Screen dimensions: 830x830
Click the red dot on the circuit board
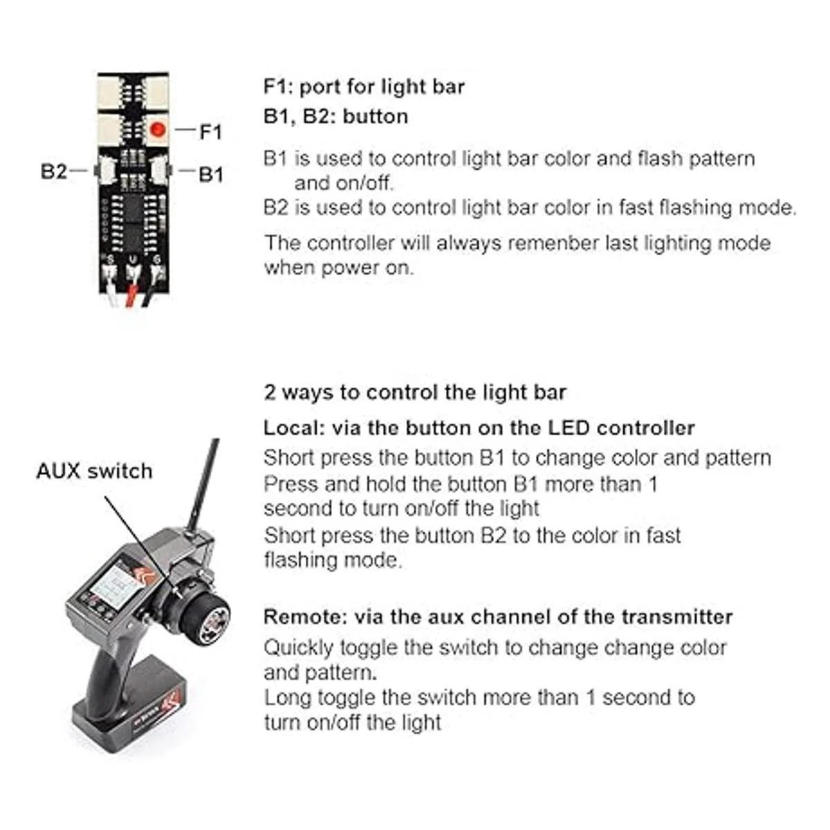pyautogui.click(x=159, y=129)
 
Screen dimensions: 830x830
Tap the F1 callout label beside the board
pyautogui.click(x=210, y=131)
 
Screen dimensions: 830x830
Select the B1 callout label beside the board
pyautogui.click(x=211, y=174)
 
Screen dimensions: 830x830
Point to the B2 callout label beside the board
pyautogui.click(x=54, y=171)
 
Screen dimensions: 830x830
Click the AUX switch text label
pyautogui.click(x=94, y=471)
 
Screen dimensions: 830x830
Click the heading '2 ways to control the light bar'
pyautogui.click(x=414, y=392)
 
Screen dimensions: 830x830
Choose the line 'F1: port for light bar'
pyautogui.click(x=364, y=87)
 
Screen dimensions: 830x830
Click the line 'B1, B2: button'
pyautogui.click(x=335, y=116)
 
